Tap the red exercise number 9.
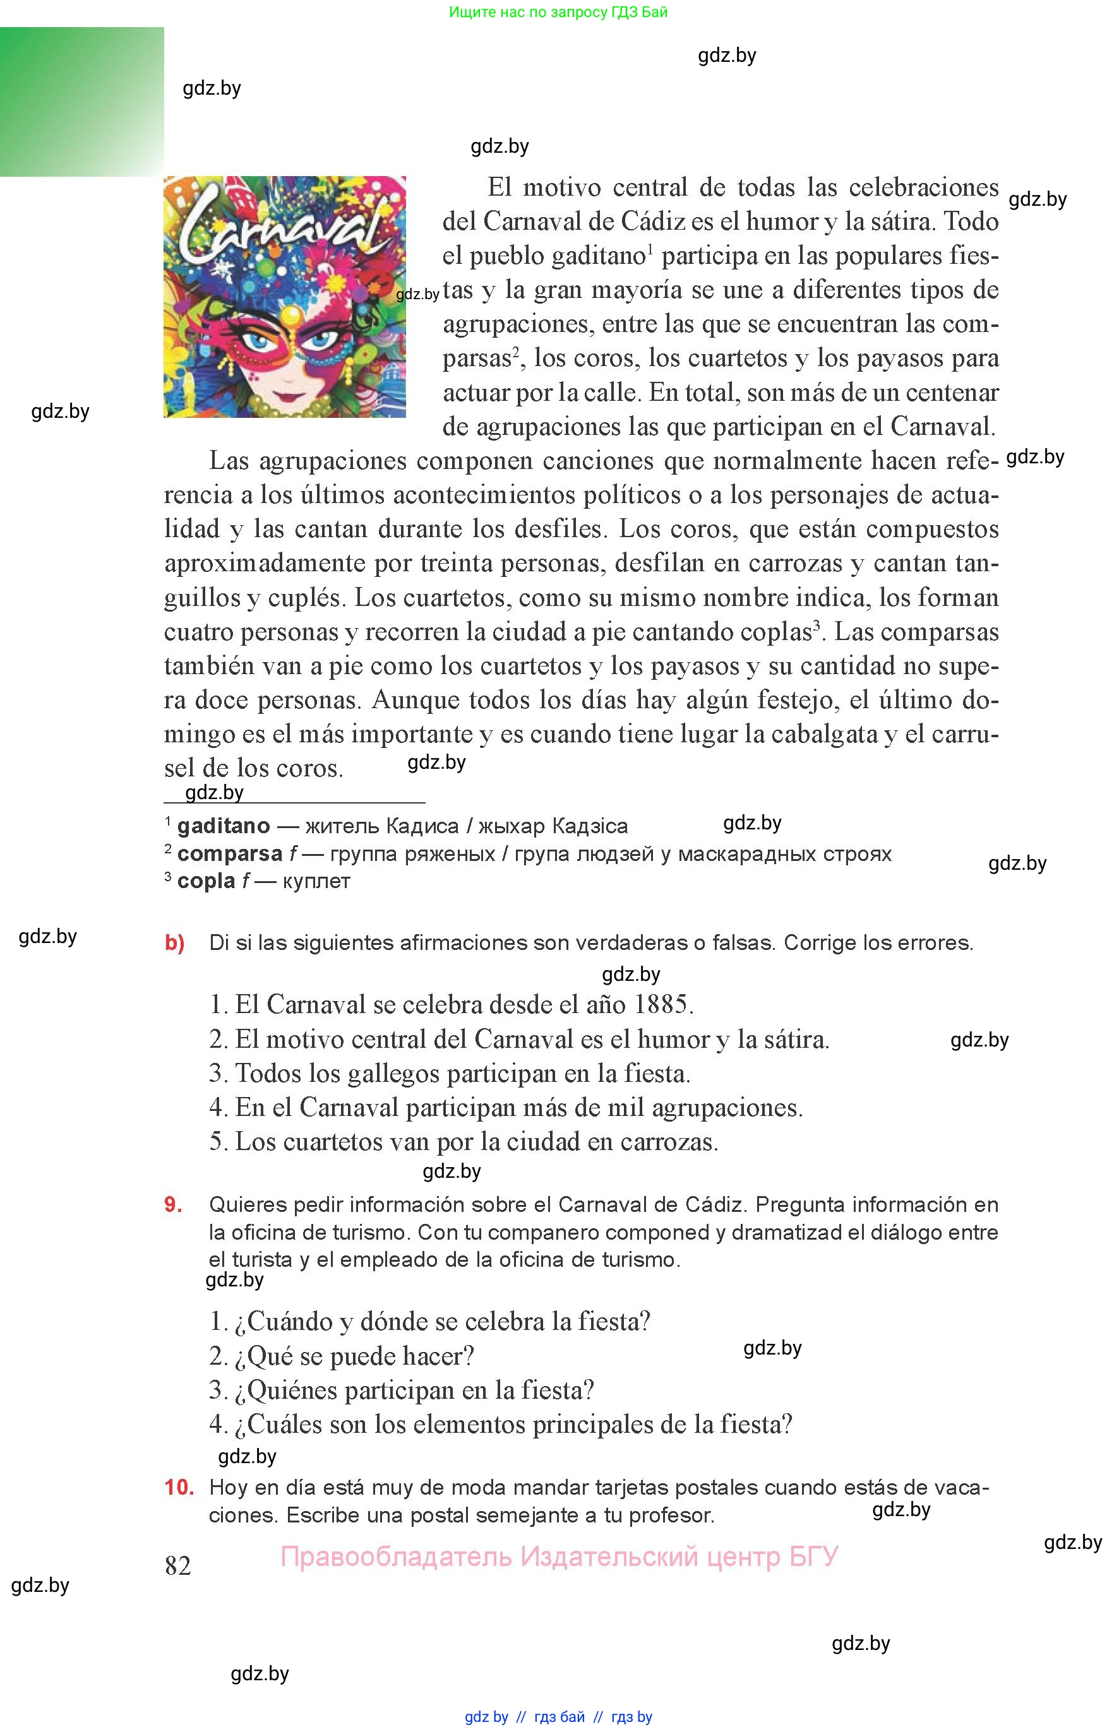pos(173,1205)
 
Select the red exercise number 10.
pos(179,1486)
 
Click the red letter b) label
pos(174,942)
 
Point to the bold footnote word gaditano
pos(223,826)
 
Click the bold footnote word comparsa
pos(230,853)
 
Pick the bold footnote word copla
pos(206,881)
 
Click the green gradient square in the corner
pos(81,102)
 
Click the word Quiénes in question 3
pos(290,1390)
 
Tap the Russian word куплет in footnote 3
pos(317,881)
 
